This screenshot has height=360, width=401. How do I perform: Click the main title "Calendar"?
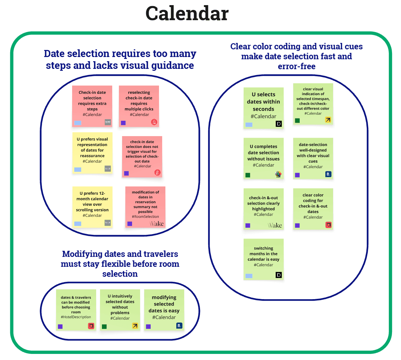(187, 14)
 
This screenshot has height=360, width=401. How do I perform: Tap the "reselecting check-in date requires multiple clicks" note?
(139, 103)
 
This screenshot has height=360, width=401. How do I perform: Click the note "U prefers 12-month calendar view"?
(92, 204)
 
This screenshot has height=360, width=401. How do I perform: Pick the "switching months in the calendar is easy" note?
(263, 257)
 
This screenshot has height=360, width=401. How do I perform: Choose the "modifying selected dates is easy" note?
(164, 307)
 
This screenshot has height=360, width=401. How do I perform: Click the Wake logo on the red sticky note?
(157, 224)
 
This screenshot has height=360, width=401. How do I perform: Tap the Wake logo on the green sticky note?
(275, 225)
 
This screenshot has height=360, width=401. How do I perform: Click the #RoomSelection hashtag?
(145, 217)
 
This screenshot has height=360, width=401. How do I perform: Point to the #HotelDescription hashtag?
(76, 317)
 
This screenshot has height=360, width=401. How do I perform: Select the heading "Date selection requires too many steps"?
(120, 59)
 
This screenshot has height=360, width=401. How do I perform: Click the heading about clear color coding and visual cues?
(297, 56)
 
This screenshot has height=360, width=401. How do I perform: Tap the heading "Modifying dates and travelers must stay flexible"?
(120, 264)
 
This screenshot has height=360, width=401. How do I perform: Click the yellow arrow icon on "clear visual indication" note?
(328, 120)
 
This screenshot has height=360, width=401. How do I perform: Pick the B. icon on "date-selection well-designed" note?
(328, 174)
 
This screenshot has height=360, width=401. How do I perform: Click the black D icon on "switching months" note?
(279, 275)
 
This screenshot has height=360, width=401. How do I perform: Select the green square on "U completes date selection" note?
(248, 175)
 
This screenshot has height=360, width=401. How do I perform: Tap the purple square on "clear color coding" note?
(297, 225)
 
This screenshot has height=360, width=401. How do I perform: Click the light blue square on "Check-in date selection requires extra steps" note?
(78, 123)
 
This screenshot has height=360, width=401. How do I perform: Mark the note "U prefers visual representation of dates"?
(92, 150)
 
